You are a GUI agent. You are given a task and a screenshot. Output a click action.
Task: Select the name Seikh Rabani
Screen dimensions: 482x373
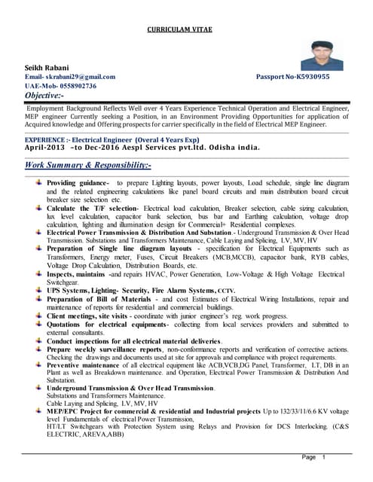click(x=47, y=68)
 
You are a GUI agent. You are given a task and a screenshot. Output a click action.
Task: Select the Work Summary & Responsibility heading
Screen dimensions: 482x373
click(x=88, y=165)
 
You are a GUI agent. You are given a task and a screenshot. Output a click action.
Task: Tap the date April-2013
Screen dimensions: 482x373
click(x=45, y=148)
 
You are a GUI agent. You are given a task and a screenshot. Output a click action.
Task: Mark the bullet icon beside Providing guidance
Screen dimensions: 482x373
click(x=38, y=183)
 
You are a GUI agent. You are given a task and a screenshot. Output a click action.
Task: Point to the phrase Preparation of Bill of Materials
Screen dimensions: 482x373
click(x=100, y=298)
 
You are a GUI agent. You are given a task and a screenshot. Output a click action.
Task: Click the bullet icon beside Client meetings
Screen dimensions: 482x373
click(x=38, y=316)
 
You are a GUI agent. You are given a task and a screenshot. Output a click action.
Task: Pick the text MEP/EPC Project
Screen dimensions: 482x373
click(x=76, y=411)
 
